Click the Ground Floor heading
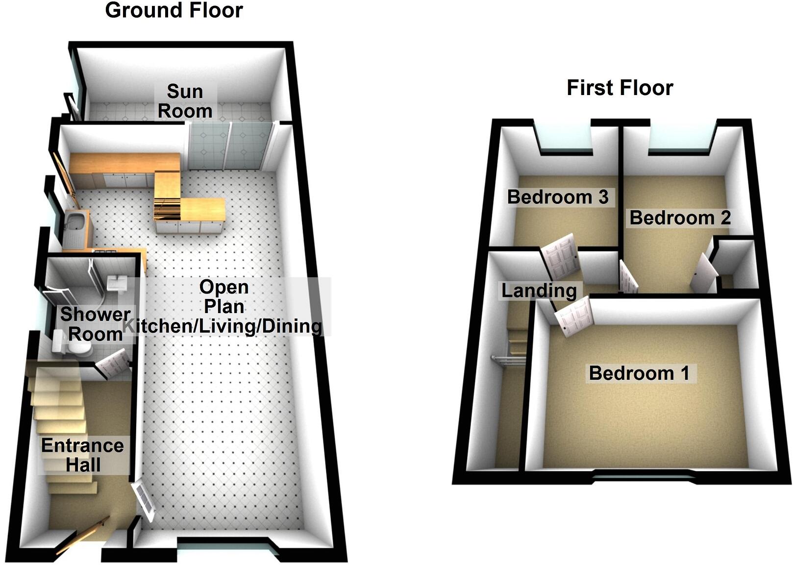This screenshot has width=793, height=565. (x=174, y=10)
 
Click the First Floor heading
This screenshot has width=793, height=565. (x=620, y=88)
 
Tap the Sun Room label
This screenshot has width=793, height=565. (x=185, y=101)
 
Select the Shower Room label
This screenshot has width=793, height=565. (x=95, y=324)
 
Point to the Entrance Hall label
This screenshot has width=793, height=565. (x=82, y=455)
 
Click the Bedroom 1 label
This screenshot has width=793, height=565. (x=639, y=373)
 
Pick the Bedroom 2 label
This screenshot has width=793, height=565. (x=680, y=218)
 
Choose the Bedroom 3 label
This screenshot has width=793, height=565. (x=557, y=197)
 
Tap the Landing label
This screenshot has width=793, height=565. (x=539, y=291)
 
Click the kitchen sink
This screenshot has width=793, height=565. (x=76, y=221)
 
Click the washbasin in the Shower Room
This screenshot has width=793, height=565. (x=117, y=283)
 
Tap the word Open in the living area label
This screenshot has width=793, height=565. (x=224, y=287)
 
